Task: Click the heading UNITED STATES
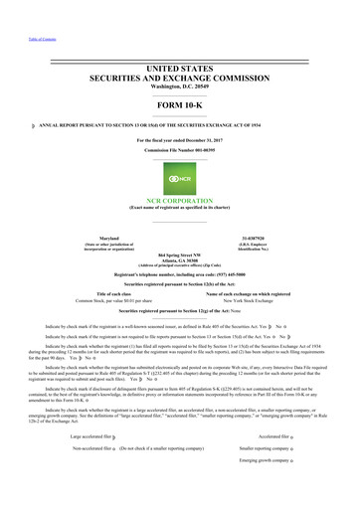coord(180,66)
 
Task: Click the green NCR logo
coord(179,161)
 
